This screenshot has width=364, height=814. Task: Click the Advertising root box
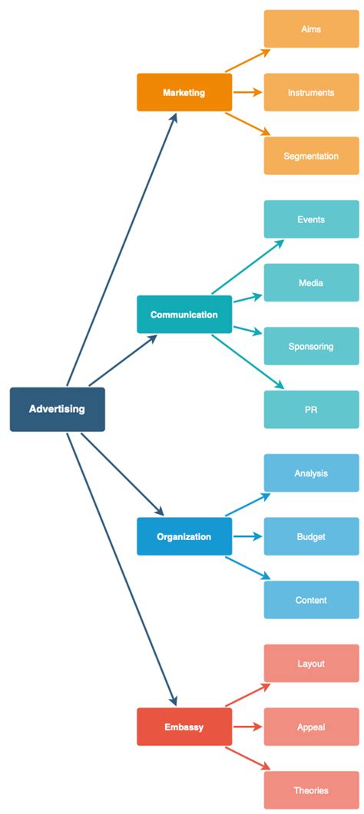pyautogui.click(x=57, y=409)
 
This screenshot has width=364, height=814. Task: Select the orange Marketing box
pyautogui.click(x=184, y=93)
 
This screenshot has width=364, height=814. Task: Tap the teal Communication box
pyautogui.click(x=184, y=315)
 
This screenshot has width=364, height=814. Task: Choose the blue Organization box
pyautogui.click(x=184, y=536)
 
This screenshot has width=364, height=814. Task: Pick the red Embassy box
pyautogui.click(x=184, y=727)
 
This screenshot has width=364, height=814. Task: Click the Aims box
pyautogui.click(x=311, y=29)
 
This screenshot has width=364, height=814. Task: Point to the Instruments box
pyautogui.click(x=311, y=93)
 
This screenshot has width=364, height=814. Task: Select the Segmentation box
pyautogui.click(x=311, y=156)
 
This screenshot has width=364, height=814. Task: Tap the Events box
pyautogui.click(x=311, y=219)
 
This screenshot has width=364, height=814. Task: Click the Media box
pyautogui.click(x=311, y=283)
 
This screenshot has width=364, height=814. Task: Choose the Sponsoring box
pyautogui.click(x=311, y=346)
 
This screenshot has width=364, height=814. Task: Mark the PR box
pyautogui.click(x=311, y=410)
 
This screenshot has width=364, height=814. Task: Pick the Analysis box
pyautogui.click(x=311, y=473)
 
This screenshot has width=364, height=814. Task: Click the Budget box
pyautogui.click(x=311, y=536)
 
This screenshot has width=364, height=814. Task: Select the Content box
pyautogui.click(x=311, y=600)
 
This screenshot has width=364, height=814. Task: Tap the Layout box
pyautogui.click(x=311, y=664)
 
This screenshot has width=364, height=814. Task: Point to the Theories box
pyautogui.click(x=311, y=790)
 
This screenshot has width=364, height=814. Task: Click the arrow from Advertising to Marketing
pyautogui.click(x=121, y=250)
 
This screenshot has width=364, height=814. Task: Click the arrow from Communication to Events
pyautogui.click(x=247, y=267)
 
